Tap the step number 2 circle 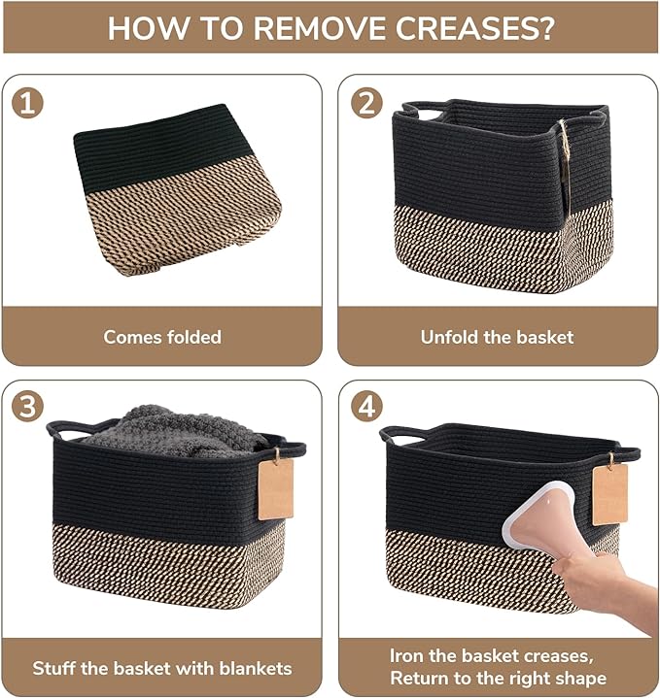tap(366, 102)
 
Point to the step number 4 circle tap(366, 407)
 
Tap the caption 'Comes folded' tap(162, 338)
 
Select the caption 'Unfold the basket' tap(497, 338)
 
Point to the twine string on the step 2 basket tap(563, 146)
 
